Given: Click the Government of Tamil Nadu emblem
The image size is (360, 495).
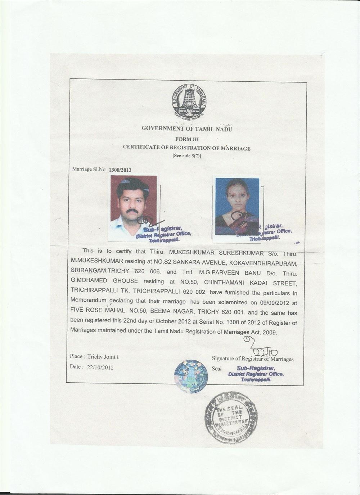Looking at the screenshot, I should (x=186, y=102).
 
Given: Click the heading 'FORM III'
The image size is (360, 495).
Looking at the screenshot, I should (x=186, y=139).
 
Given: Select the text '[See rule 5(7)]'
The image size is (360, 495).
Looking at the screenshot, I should (x=186, y=156).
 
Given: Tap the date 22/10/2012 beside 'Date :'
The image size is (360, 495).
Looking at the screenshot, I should (x=98, y=367).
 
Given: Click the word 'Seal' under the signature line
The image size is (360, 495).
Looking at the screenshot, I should (x=217, y=369).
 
